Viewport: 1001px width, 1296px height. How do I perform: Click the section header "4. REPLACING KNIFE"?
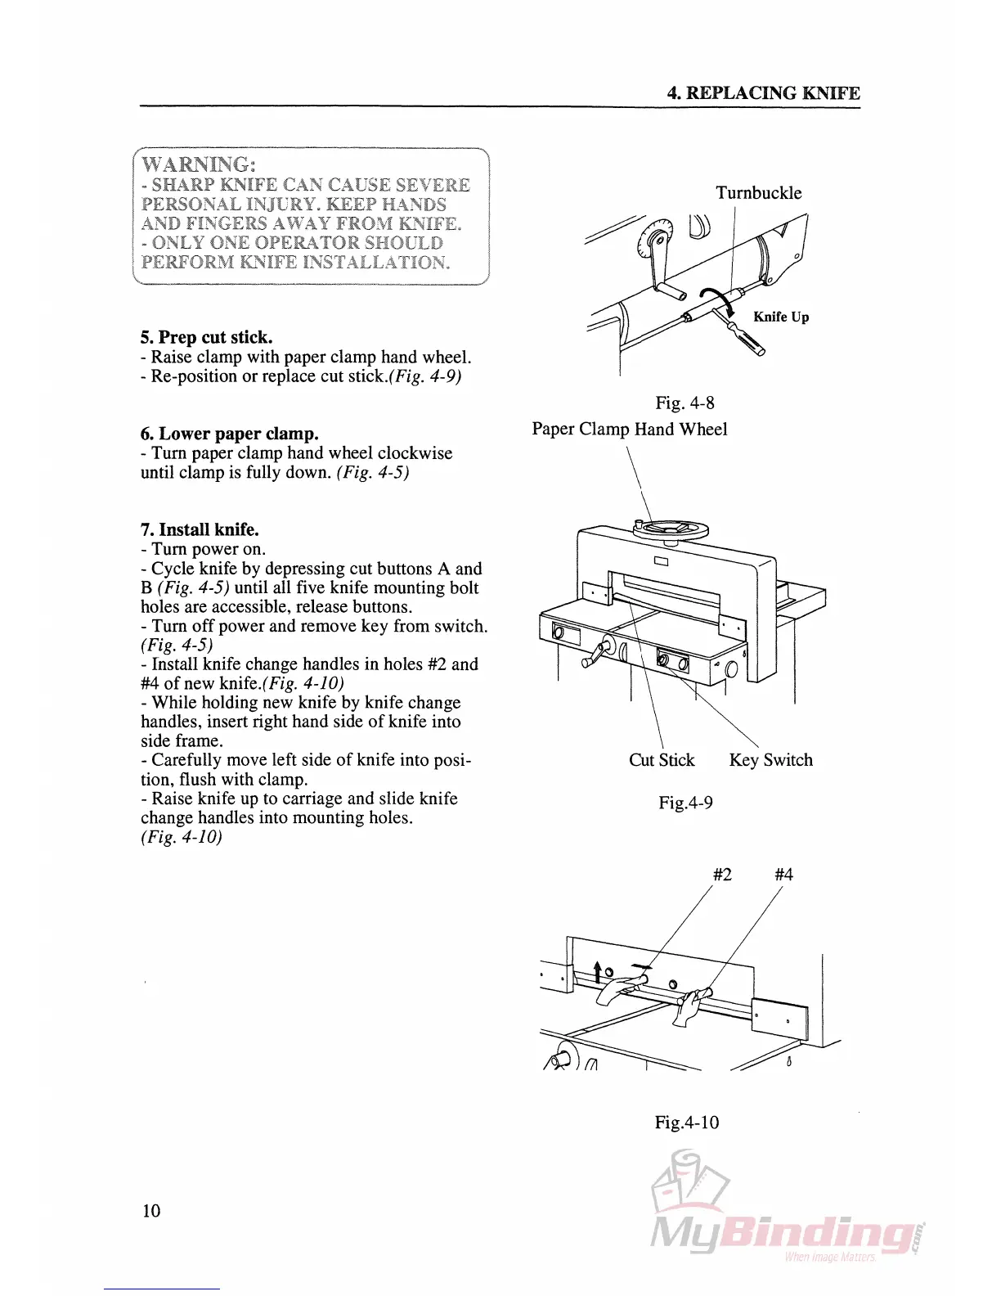pos(763,92)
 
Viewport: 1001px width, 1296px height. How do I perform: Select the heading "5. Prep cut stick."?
pos(206,337)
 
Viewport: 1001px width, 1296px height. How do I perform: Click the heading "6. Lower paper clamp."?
pos(229,434)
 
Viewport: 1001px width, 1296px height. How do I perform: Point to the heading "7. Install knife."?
pos(200,529)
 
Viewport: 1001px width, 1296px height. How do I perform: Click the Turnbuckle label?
pos(758,193)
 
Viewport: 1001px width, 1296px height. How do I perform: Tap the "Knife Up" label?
pos(781,317)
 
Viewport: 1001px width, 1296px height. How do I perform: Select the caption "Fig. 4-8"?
pos(685,403)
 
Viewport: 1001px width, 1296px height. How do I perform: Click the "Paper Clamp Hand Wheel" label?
pos(629,429)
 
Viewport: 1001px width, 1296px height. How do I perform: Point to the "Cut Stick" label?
pos(661,760)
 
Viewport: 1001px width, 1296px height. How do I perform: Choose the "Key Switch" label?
pos(770,760)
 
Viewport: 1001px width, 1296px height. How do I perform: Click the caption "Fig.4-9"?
pos(685,803)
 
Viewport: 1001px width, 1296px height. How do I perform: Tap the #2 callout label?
pos(722,875)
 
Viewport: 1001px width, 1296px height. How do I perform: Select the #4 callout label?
pos(783,875)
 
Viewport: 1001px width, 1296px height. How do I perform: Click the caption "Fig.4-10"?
pos(686,1122)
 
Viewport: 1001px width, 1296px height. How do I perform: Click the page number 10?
pos(151,1211)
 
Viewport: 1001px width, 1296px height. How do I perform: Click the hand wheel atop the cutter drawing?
pos(670,529)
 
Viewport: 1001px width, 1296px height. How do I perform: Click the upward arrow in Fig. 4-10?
pos(598,972)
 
